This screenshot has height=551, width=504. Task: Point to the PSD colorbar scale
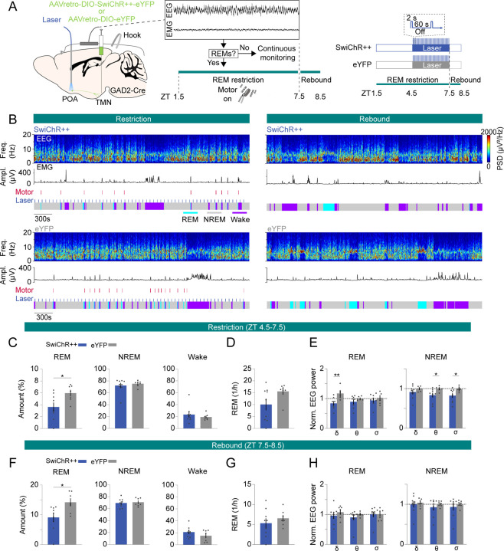(x=490, y=146)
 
